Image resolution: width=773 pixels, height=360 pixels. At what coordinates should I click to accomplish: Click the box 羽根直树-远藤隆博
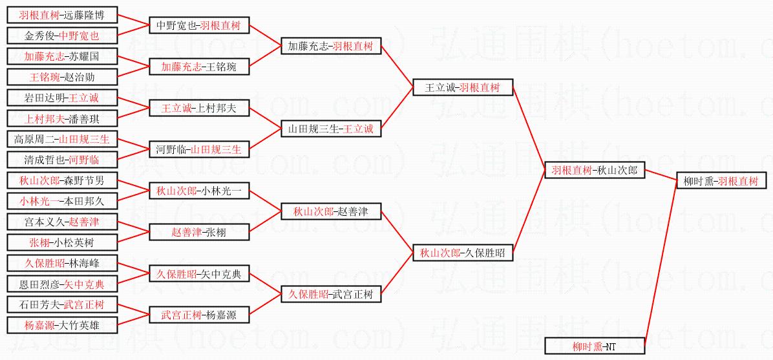point(62,15)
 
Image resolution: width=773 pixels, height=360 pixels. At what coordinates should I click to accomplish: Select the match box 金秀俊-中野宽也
point(62,36)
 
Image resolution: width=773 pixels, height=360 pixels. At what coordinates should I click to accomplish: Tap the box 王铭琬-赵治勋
point(62,77)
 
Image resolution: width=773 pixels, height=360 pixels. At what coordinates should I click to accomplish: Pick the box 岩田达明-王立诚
point(62,98)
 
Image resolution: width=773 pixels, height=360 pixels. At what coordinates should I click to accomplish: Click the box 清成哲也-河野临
point(62,160)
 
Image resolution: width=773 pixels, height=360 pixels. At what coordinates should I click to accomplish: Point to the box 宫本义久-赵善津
point(62,222)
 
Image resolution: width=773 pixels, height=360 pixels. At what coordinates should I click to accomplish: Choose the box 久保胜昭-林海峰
point(62,263)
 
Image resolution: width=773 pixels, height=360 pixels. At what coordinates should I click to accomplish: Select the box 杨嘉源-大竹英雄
point(62,325)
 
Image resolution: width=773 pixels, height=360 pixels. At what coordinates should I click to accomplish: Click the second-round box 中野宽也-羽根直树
point(198,26)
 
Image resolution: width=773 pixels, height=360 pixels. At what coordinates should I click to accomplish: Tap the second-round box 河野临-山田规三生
point(198,150)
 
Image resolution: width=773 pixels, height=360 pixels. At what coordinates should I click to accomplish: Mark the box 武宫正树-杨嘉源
point(198,315)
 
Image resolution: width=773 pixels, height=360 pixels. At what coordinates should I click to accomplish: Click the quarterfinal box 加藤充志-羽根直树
point(331,47)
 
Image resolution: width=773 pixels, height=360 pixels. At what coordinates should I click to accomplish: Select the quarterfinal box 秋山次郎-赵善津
point(331,211)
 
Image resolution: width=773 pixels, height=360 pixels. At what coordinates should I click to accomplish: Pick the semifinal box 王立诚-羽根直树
point(463,87)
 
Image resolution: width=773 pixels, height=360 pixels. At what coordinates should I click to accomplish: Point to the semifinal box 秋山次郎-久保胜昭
point(463,253)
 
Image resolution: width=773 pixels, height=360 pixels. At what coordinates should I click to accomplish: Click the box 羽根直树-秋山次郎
point(595,171)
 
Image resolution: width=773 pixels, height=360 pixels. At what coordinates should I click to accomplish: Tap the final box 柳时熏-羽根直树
point(721,181)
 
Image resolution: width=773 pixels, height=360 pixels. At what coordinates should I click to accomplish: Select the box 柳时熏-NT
point(595,346)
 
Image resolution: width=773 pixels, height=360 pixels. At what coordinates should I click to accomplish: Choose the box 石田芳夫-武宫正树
point(62,304)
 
